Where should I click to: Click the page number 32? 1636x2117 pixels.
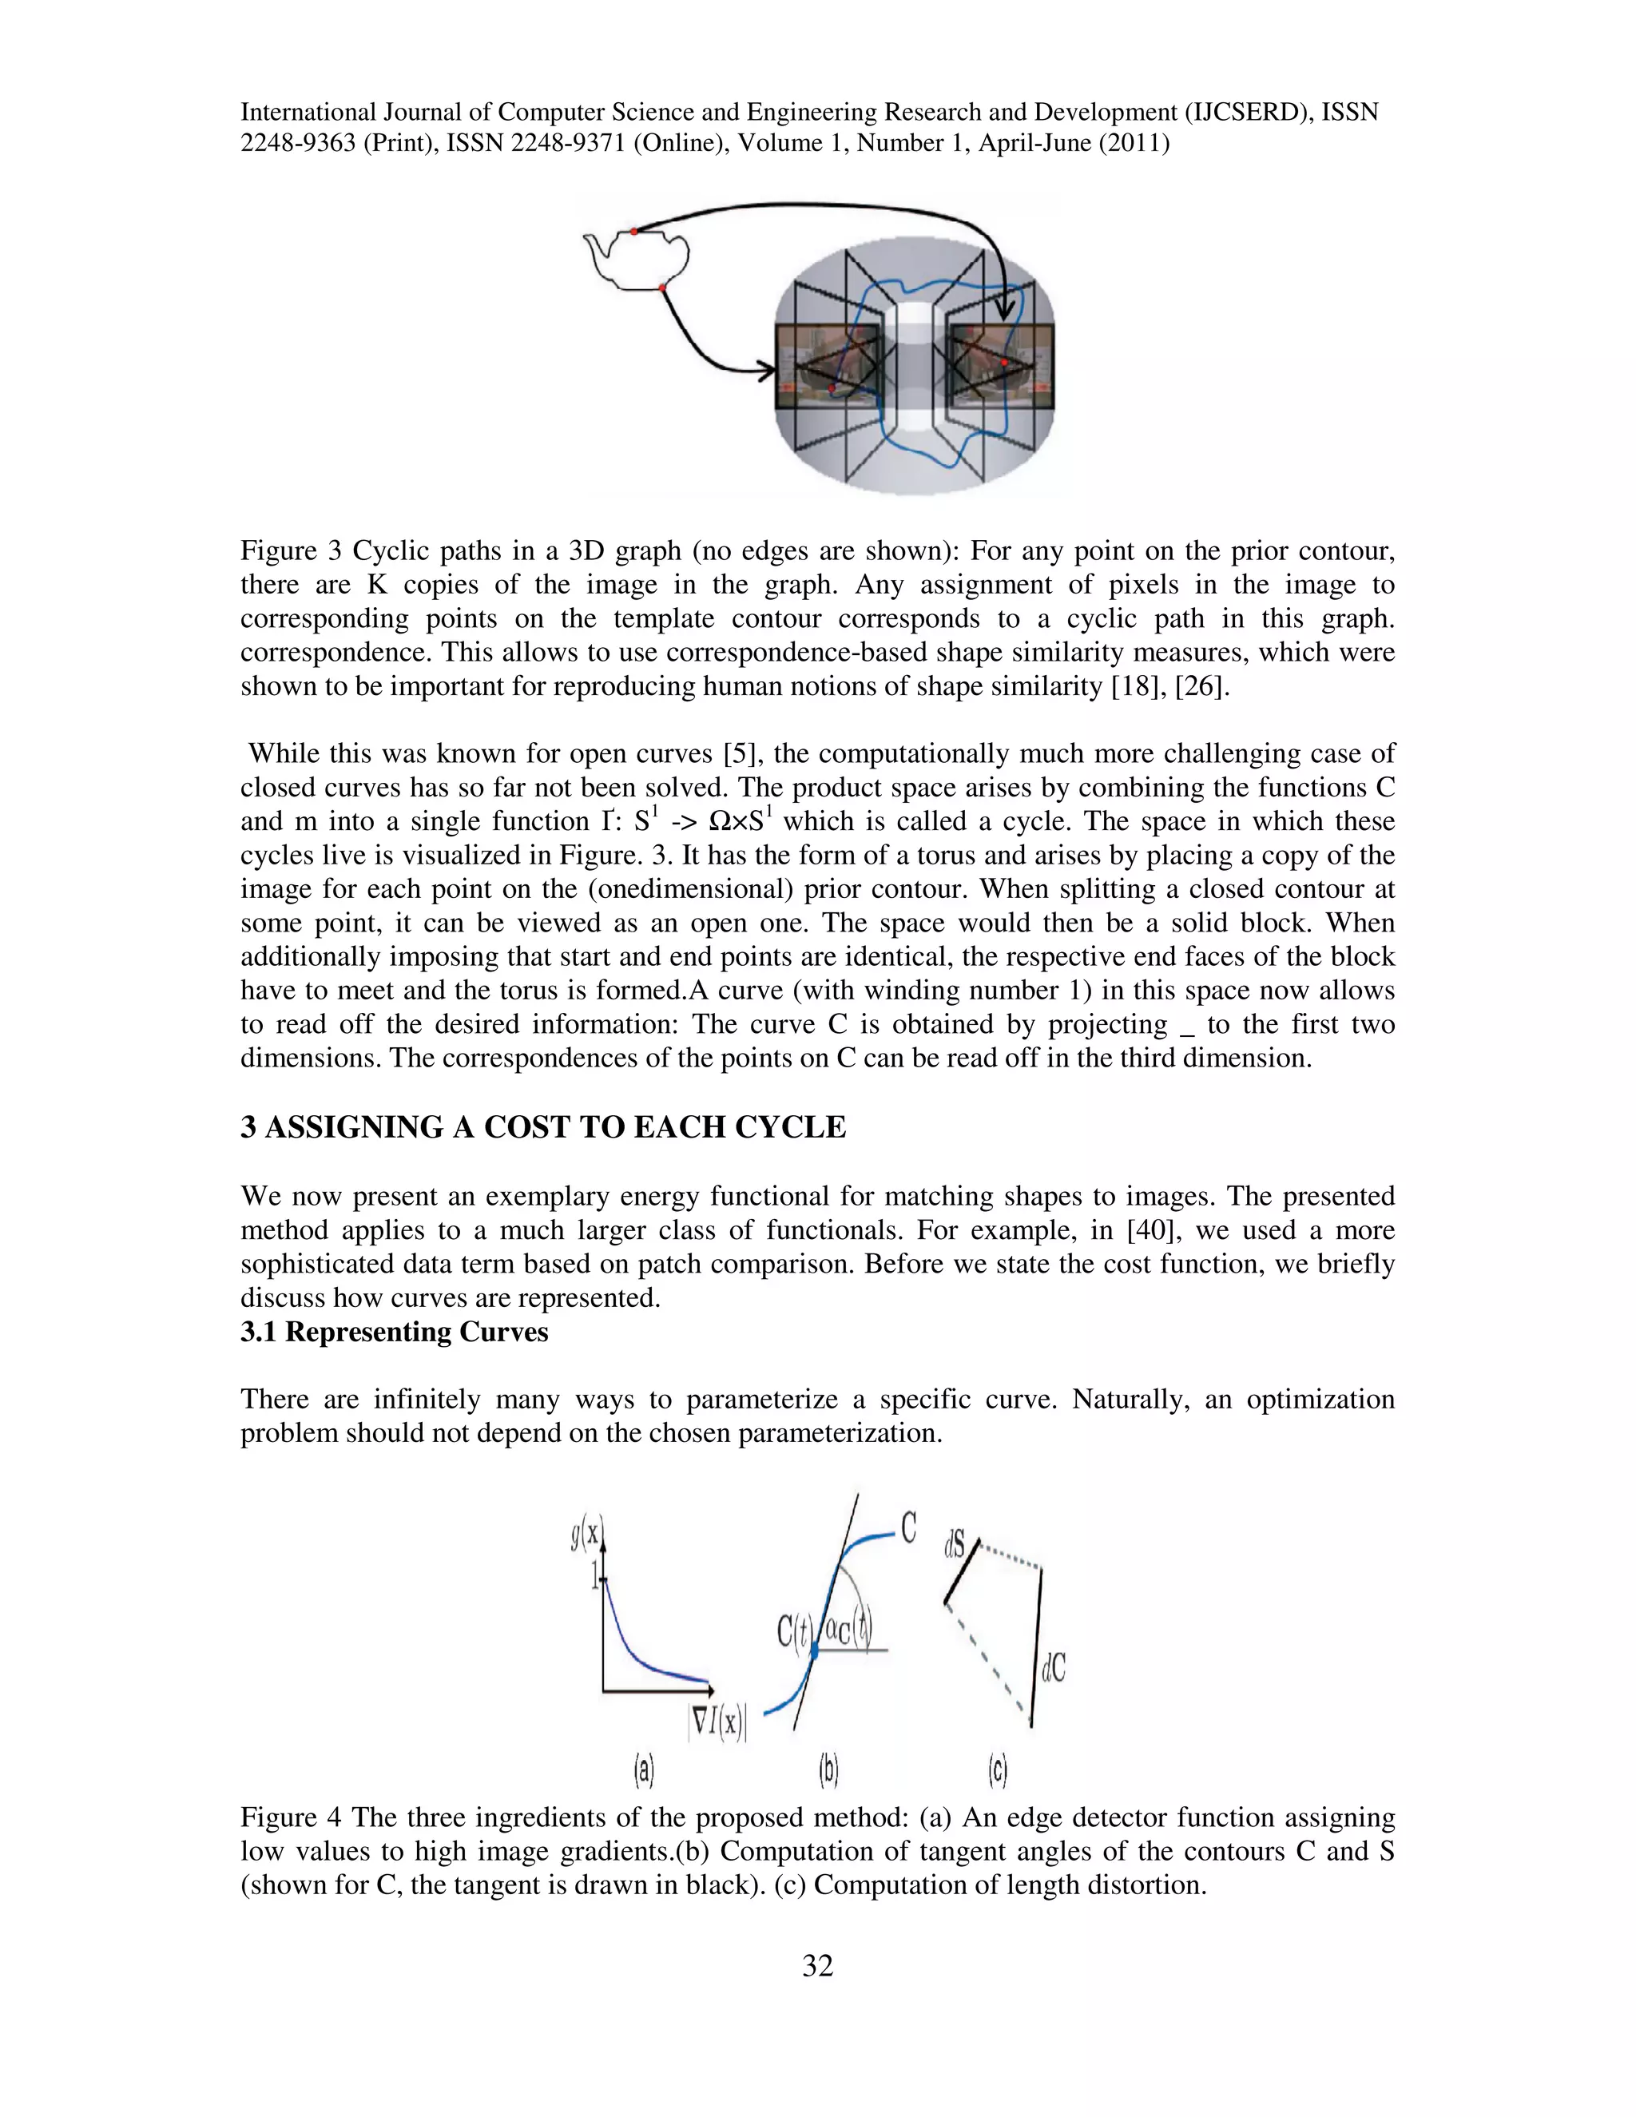(817, 1966)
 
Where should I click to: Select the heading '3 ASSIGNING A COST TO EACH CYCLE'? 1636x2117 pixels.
(542, 1127)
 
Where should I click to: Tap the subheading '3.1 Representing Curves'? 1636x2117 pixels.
(395, 1332)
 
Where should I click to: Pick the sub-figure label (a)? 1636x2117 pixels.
(645, 1771)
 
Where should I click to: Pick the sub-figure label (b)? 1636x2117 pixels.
(828, 1771)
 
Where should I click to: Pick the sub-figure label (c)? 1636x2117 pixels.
(999, 1771)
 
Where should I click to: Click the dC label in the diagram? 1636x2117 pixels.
(1054, 1668)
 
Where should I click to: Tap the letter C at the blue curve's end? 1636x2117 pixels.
(908, 1528)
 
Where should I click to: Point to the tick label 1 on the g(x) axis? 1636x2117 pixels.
(595, 1579)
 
